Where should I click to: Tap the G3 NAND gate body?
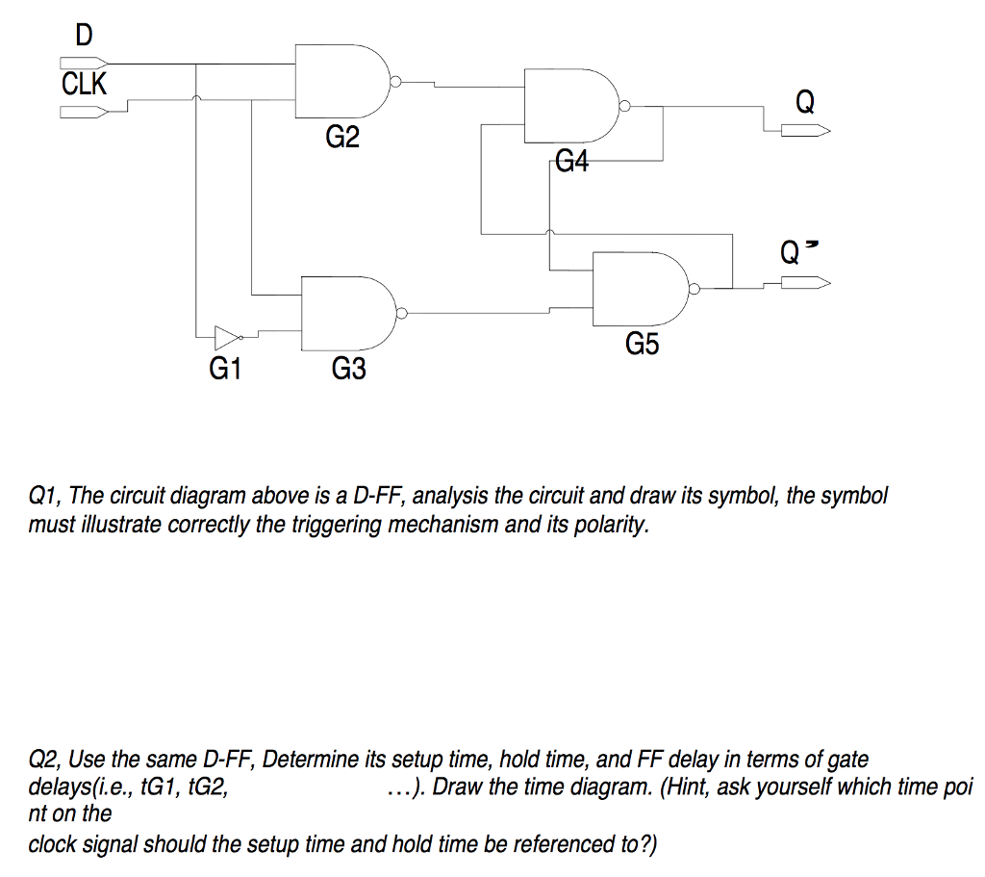344,312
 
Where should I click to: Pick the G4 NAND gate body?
568,104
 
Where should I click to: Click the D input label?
84,36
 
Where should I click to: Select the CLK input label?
85,84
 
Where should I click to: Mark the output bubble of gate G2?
394,81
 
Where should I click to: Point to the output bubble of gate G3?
402,312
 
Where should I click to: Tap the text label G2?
341,139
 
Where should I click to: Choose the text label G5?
643,344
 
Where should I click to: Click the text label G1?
224,368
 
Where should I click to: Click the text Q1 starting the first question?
44,497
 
